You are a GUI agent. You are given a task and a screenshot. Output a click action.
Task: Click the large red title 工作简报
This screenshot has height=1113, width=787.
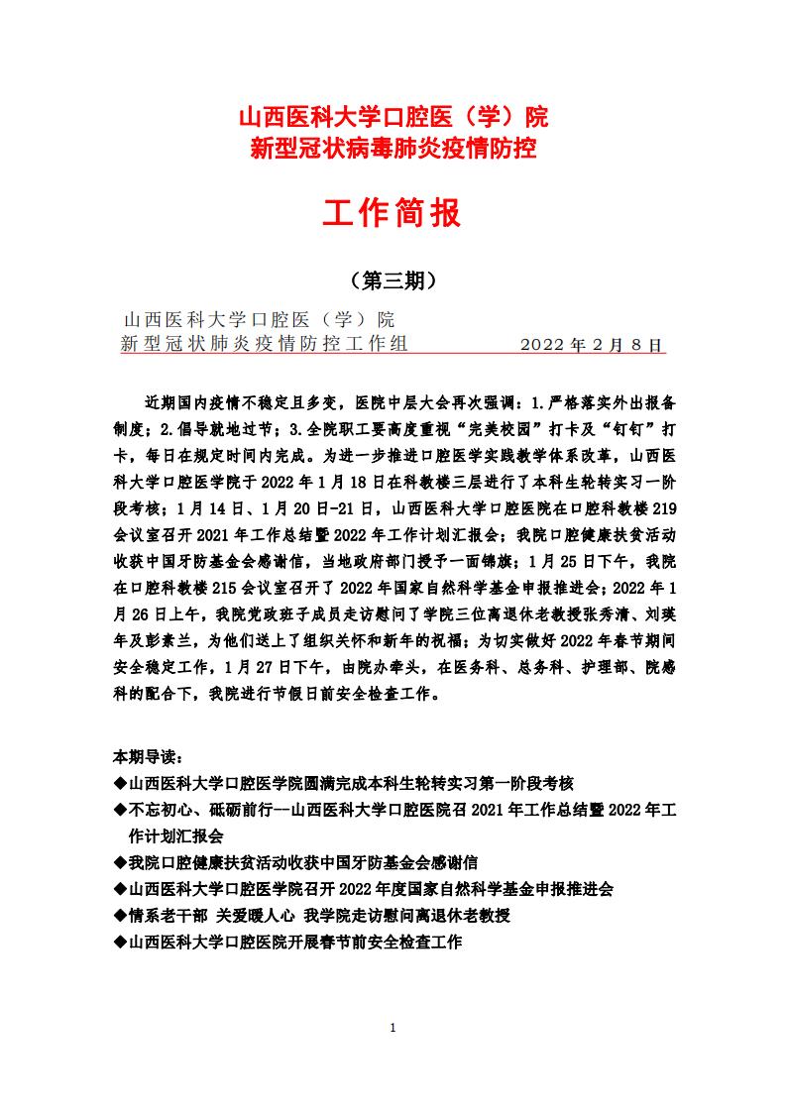tap(393, 213)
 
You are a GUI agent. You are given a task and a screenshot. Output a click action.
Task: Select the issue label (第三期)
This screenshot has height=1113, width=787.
tap(393, 281)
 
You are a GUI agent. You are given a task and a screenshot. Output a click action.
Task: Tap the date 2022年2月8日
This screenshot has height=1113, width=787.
tap(591, 345)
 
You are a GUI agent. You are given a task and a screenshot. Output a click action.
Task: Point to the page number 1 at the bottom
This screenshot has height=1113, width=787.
tap(393, 1027)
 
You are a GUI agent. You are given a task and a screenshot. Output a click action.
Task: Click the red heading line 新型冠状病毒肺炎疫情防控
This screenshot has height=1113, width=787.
tap(393, 151)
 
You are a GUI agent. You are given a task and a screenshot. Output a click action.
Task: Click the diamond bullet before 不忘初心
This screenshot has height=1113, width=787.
tap(120, 810)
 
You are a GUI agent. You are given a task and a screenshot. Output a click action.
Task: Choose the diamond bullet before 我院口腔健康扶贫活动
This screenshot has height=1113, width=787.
tap(120, 863)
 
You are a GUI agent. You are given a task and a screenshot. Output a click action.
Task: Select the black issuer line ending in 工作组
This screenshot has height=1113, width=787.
tap(264, 344)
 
